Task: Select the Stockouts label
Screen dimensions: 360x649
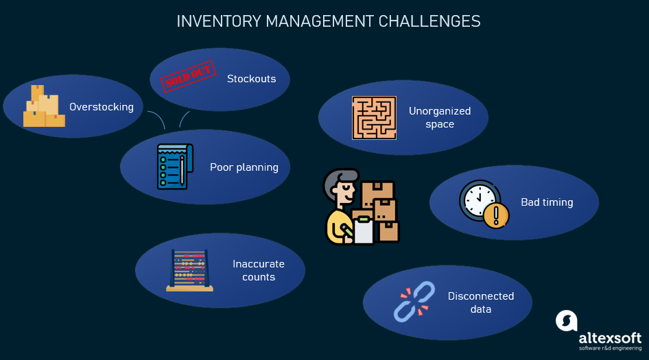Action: (x=251, y=79)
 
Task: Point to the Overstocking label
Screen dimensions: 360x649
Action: (x=102, y=107)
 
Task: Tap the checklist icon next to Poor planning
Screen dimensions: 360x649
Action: (x=174, y=167)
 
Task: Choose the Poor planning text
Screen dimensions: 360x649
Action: (x=244, y=167)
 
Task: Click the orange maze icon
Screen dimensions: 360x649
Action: (x=375, y=118)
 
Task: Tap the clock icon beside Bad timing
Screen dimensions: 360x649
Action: (x=479, y=200)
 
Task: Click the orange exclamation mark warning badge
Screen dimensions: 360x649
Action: (x=495, y=216)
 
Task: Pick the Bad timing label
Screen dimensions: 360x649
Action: (x=547, y=202)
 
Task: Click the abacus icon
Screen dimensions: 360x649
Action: (x=189, y=270)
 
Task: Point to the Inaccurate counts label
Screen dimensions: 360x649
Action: (x=259, y=270)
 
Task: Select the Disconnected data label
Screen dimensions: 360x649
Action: (x=481, y=302)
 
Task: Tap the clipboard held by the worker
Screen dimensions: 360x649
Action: (x=363, y=226)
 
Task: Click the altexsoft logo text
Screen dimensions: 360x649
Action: (x=609, y=339)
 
